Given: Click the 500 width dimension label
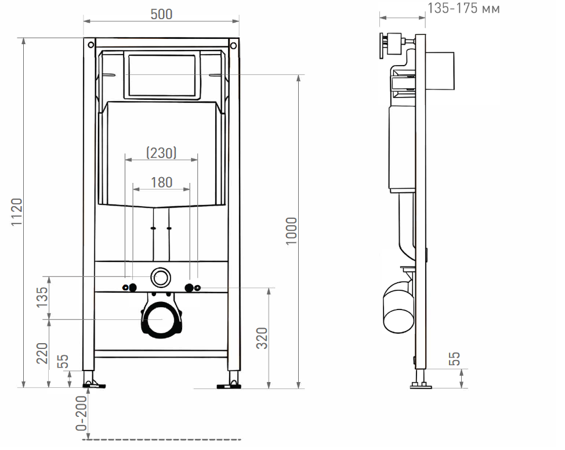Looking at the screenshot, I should click(x=161, y=14).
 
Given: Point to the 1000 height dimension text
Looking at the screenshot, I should click(x=291, y=231).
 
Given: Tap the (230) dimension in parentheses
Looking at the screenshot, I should click(x=161, y=153).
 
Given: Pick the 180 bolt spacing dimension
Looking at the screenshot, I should click(x=161, y=182).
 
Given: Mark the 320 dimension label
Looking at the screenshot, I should click(x=262, y=338).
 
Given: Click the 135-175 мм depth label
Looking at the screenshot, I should click(x=463, y=8).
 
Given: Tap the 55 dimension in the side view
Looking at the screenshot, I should click(x=454, y=359).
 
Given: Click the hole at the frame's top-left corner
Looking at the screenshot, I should click(x=90, y=45).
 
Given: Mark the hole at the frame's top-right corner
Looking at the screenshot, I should click(x=232, y=45).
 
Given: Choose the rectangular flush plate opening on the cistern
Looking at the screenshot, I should click(x=162, y=75).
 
